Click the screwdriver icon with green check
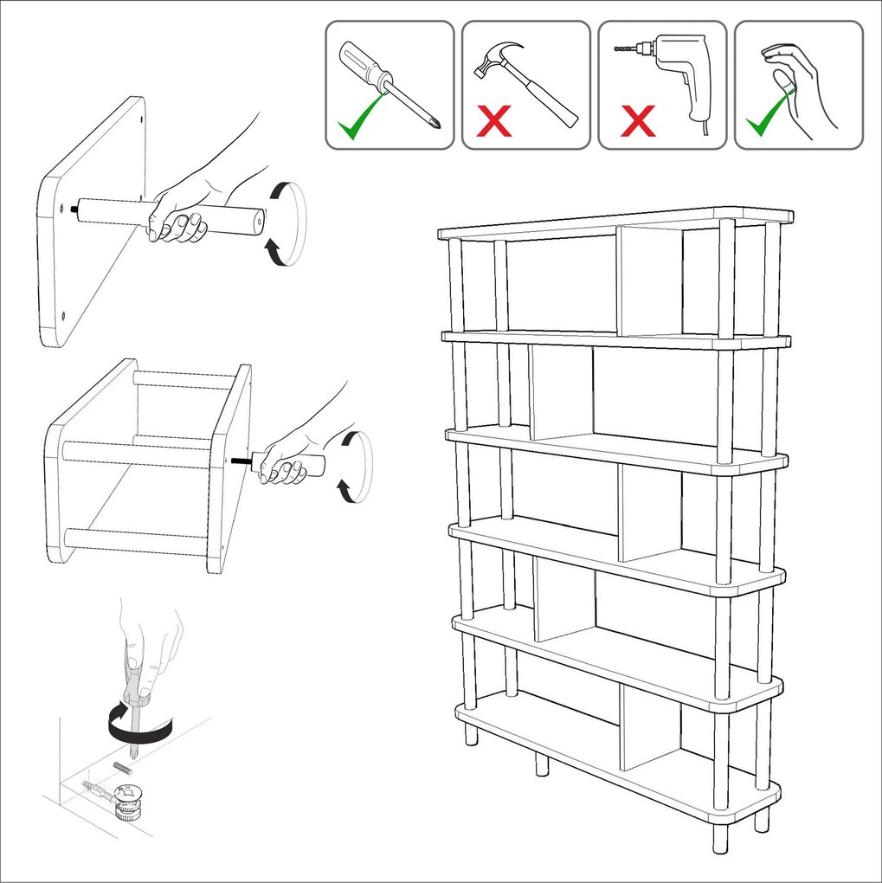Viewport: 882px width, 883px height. pos(389,85)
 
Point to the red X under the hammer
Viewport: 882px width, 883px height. pos(493,122)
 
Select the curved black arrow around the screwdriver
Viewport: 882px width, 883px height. pos(138,723)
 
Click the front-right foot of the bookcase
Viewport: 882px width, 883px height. pos(720,835)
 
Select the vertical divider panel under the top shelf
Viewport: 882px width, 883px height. pos(649,281)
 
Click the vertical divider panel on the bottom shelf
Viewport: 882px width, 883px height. pos(649,727)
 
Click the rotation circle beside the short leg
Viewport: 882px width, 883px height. pos(354,467)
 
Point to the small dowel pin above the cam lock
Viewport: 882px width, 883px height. pos(121,768)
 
